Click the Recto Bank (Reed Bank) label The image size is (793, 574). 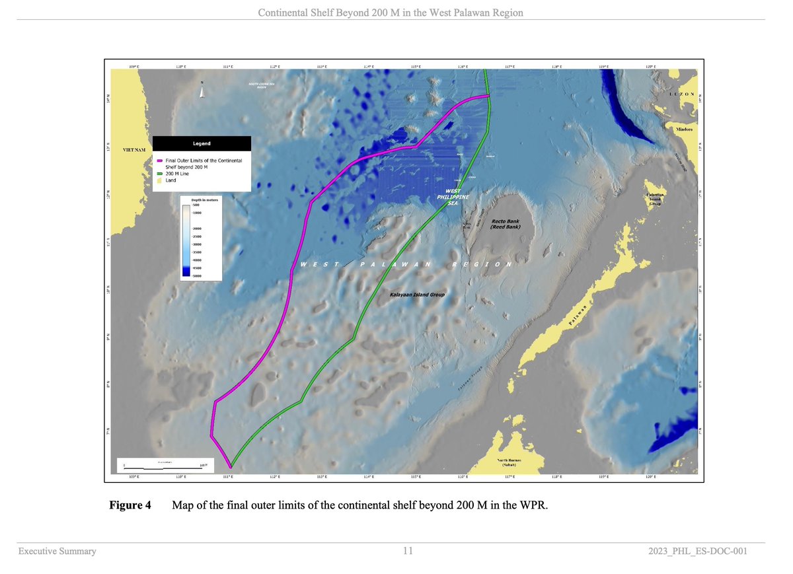[506, 224]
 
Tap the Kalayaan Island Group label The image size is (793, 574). [417, 295]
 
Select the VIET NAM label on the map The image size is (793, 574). [135, 151]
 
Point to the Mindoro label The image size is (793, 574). [683, 129]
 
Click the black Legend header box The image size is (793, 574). [202, 143]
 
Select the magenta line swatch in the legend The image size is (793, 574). [159, 161]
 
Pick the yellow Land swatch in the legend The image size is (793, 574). [159, 180]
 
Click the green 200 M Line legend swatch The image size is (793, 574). [159, 174]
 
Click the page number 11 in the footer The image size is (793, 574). [408, 551]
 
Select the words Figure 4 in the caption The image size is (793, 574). [130, 506]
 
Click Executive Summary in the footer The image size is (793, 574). [57, 551]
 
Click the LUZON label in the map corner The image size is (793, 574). [681, 94]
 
